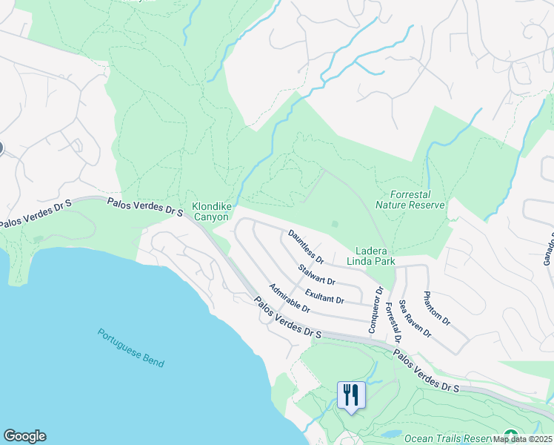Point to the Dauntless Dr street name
tap(306, 247)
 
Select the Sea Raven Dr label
tap(415, 319)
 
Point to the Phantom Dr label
tap(436, 308)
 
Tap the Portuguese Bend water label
tap(130, 347)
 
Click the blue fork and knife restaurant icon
tap(350, 394)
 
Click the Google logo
tap(24, 436)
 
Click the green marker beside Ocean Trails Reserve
tap(510, 435)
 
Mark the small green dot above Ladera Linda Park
tap(335, 223)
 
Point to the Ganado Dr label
tap(549, 248)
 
